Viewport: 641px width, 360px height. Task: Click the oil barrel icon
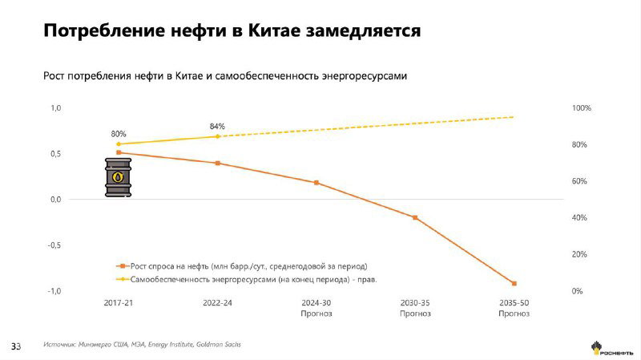(118, 177)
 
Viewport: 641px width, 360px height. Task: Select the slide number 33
(14, 346)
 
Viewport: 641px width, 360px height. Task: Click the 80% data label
(119, 134)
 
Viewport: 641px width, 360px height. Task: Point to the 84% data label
(217, 126)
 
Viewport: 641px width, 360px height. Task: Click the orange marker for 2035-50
(514, 283)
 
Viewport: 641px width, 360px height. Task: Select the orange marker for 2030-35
(415, 217)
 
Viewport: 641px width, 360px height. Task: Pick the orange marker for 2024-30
(316, 183)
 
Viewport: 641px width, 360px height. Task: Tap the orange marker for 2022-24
(217, 163)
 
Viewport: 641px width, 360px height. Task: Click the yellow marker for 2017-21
(119, 144)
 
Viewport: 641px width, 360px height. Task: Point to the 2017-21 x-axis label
(119, 303)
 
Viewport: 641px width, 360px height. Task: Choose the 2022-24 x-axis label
(217, 303)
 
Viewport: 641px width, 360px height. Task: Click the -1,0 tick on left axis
(52, 291)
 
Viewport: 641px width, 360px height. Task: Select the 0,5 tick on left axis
(54, 153)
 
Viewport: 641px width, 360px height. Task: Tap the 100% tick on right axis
(581, 108)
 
